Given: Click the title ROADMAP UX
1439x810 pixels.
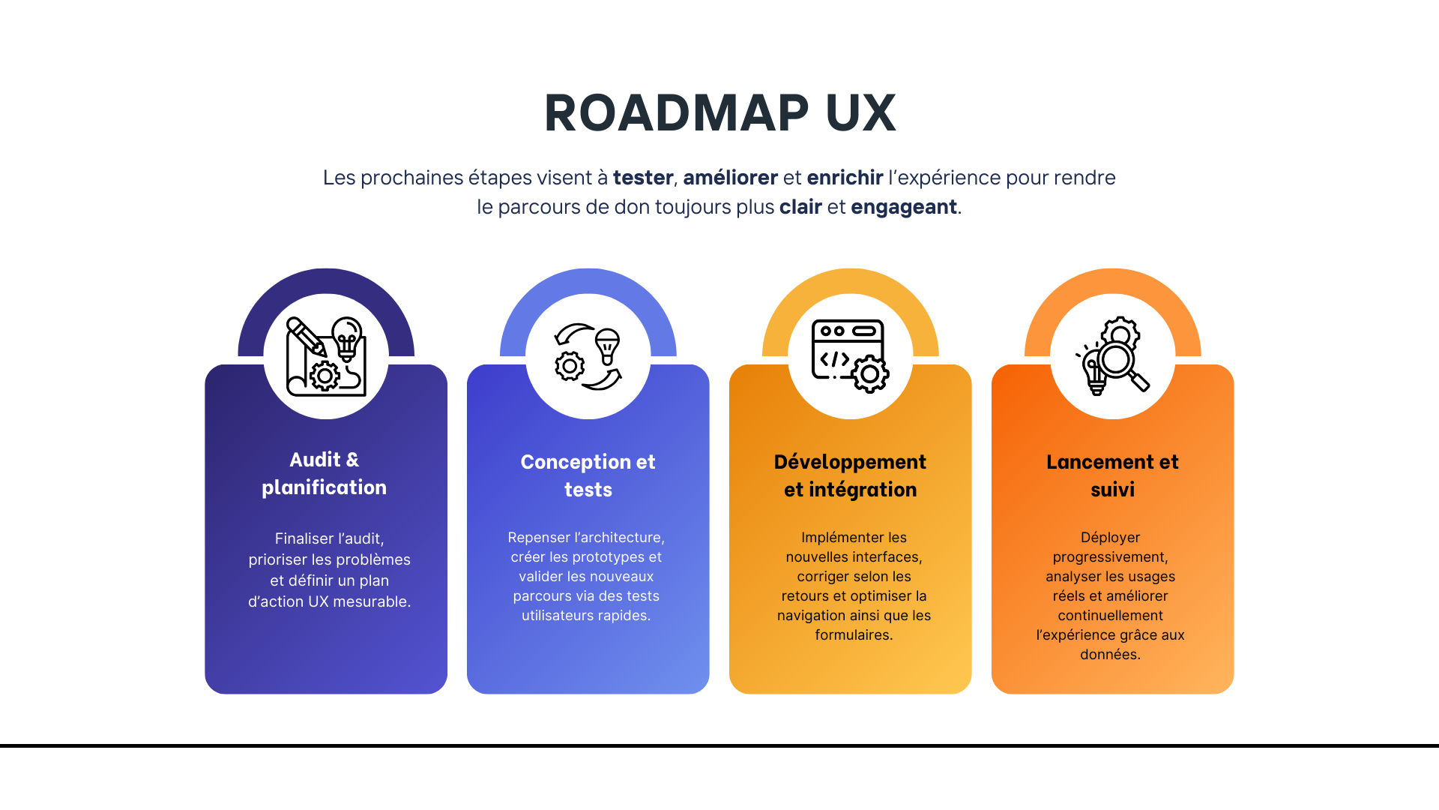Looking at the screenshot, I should click(x=719, y=113).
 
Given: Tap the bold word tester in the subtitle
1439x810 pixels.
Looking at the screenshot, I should click(x=643, y=178).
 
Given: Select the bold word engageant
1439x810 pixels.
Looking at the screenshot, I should click(x=904, y=207).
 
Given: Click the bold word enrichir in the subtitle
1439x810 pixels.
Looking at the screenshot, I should click(x=845, y=178).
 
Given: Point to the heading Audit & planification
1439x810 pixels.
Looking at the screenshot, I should click(x=325, y=473).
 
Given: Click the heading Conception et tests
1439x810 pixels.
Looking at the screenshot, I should click(x=588, y=475).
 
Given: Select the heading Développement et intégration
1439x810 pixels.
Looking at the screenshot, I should click(x=850, y=475).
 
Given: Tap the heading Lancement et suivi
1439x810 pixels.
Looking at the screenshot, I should click(x=1112, y=475).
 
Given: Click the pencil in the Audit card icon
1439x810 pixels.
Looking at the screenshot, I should click(x=305, y=336).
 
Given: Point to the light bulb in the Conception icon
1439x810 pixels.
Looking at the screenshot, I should click(x=607, y=345).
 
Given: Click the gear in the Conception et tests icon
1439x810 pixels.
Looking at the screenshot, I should click(x=570, y=366).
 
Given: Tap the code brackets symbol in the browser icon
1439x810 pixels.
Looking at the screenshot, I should click(x=834, y=359).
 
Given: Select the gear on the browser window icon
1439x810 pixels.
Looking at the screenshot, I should click(x=869, y=373).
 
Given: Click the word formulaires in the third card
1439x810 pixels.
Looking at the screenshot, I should click(x=853, y=635).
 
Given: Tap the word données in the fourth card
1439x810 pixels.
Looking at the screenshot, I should click(x=1109, y=655).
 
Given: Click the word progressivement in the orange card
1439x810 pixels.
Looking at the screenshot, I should click(x=1110, y=557).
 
